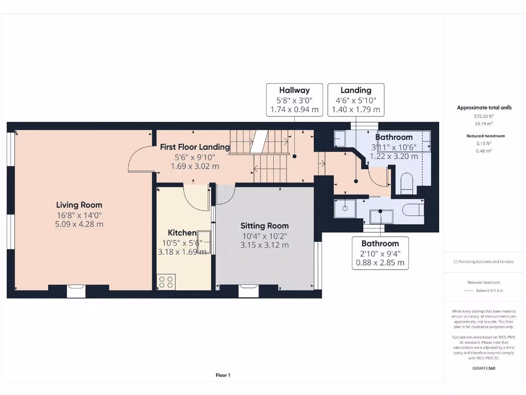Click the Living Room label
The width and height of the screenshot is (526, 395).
(x=79, y=205)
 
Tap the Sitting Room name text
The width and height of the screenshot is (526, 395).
(x=265, y=225)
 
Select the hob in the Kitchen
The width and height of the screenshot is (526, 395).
(x=166, y=282)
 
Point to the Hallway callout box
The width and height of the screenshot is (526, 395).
(x=294, y=99)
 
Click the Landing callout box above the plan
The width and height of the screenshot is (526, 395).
(x=356, y=99)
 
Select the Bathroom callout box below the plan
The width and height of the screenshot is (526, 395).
(x=380, y=253)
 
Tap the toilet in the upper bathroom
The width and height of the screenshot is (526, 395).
(x=406, y=183)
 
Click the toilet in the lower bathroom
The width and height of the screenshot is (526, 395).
(x=412, y=209)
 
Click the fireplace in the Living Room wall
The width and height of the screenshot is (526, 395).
(x=76, y=291)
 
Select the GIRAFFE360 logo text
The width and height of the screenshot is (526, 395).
(x=484, y=368)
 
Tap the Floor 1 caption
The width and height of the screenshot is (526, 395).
(x=223, y=375)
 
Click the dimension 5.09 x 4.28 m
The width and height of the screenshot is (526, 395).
(x=79, y=224)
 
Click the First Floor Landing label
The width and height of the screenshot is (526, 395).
(x=195, y=147)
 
